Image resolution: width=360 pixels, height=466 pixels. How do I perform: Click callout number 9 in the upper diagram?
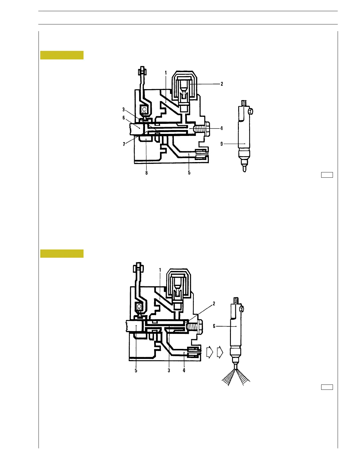coord(222,144)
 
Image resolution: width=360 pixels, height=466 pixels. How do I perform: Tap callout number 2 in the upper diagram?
coord(222,84)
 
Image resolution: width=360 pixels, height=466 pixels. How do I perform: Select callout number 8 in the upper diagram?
coord(146,173)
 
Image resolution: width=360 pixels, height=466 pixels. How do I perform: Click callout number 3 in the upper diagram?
coord(124,109)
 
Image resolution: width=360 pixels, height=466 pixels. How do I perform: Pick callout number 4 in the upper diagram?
coord(221,128)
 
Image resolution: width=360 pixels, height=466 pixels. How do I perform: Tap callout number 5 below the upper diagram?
coord(189,173)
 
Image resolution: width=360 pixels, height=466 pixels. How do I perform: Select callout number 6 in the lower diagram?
coord(214,326)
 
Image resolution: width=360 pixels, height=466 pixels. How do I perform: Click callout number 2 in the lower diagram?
coord(214,304)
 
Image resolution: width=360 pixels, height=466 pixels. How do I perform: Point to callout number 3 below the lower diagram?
coord(169,370)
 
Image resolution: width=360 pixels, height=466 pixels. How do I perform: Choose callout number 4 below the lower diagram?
coord(184,370)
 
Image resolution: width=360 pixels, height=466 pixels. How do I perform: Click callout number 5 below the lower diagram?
coord(136,370)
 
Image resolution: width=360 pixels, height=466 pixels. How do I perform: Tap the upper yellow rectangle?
coord(62,55)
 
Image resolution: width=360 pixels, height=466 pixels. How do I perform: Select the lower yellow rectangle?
coord(62,254)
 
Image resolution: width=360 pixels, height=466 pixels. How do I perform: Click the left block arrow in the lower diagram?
coord(209,352)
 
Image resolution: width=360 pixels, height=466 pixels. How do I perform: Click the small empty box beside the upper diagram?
coord(327,175)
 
